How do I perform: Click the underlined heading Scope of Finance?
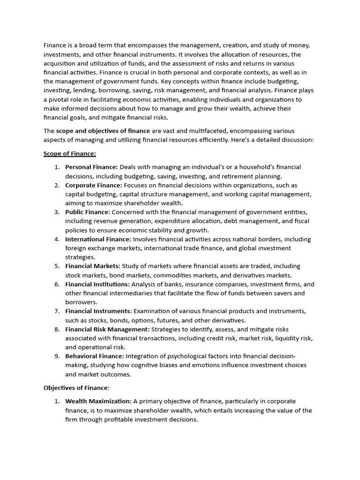point(69,153)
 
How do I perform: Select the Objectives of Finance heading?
point(76,388)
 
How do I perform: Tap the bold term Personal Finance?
point(92,167)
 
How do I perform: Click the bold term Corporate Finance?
point(94,185)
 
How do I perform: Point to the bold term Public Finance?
point(87,212)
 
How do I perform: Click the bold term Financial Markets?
point(92,266)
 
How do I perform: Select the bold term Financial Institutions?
point(97,284)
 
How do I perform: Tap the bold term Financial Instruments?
point(98,311)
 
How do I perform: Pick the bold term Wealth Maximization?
point(98,401)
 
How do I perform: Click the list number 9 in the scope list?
point(56,356)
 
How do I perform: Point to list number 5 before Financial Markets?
point(56,266)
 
